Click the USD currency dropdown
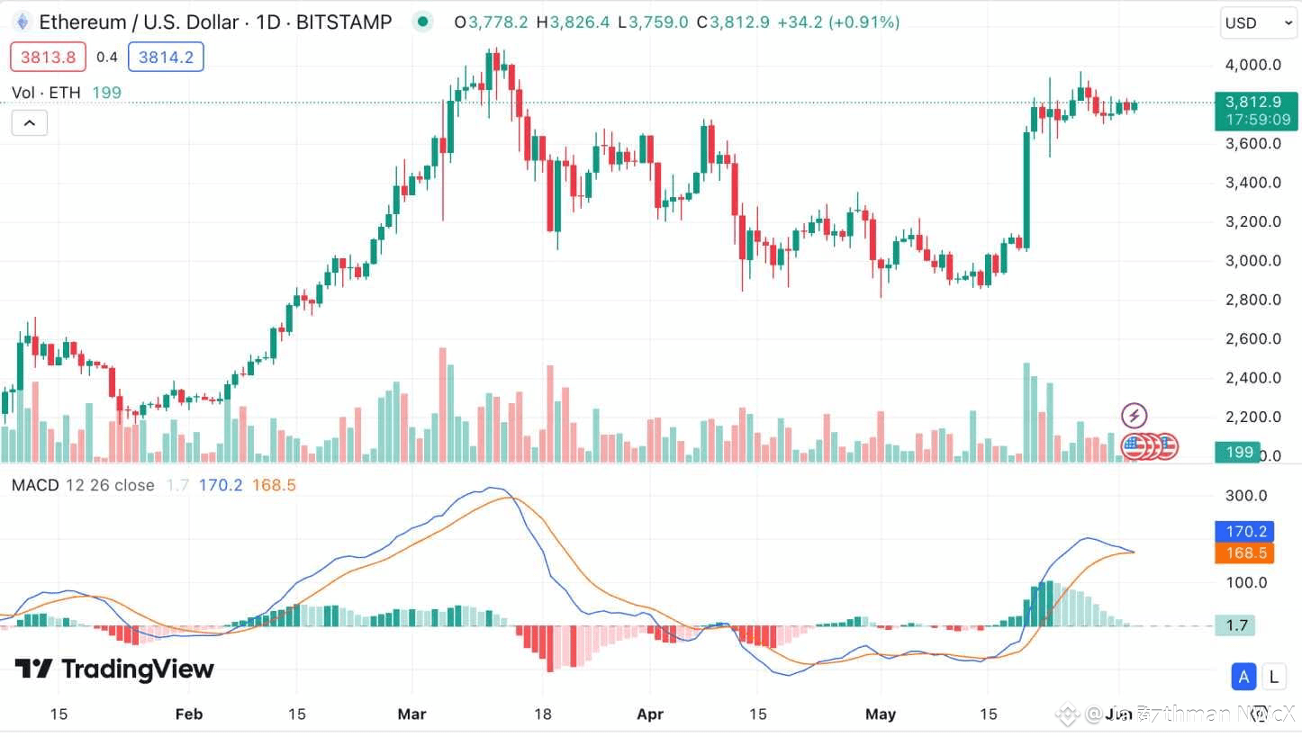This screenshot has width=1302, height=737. (x=1258, y=23)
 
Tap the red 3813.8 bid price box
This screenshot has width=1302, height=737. (x=48, y=58)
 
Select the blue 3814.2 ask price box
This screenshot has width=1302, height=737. (x=166, y=58)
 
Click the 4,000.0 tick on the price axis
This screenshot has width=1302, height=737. (x=1252, y=65)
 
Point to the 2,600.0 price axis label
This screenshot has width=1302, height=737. (x=1252, y=339)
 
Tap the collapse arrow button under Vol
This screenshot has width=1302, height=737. (x=29, y=122)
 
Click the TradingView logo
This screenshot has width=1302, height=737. (x=114, y=669)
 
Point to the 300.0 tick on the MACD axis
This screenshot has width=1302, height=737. (x=1248, y=496)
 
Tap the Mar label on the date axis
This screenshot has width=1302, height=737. (x=411, y=715)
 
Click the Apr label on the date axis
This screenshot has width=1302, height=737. (x=649, y=715)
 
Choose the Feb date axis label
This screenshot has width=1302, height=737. (x=188, y=715)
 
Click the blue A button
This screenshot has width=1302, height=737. (x=1244, y=677)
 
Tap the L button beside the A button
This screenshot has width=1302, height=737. (x=1273, y=677)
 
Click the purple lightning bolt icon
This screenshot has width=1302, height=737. (x=1135, y=416)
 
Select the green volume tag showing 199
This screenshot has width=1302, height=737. (x=1239, y=452)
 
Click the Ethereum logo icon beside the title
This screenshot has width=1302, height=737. (x=22, y=22)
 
